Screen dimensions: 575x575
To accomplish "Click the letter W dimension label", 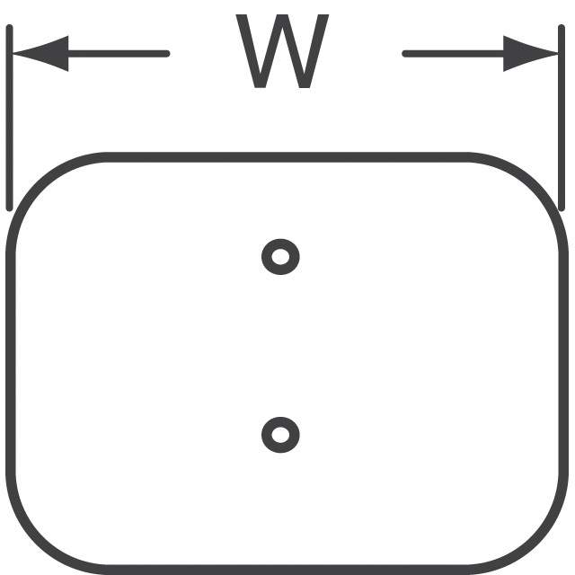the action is (x=282, y=51).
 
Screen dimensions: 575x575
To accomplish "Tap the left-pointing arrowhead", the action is (x=40, y=54).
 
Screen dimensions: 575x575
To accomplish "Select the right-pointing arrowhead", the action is (x=531, y=54).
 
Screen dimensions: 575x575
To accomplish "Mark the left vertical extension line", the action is (x=10, y=118).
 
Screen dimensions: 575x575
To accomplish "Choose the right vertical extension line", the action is (x=562, y=118).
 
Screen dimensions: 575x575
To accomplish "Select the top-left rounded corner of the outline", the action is (x=37, y=183).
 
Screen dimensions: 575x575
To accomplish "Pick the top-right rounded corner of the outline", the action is (x=537, y=183).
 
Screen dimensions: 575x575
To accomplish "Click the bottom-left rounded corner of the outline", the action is (x=37, y=544).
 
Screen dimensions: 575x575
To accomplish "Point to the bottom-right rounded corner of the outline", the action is (x=537, y=544).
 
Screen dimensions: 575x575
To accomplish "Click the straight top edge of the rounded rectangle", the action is (x=287, y=157).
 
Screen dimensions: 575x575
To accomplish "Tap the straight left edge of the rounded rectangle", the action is (x=11, y=364).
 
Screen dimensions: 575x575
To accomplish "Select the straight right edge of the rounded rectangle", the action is (x=563, y=364).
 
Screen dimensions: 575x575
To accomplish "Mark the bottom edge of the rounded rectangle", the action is (x=287, y=571).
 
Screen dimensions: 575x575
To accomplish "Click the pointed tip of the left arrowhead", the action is (x=13, y=54).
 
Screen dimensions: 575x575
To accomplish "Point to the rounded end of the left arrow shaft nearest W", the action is (x=167, y=54).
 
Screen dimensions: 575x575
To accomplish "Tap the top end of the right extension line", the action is (x=562, y=26).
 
